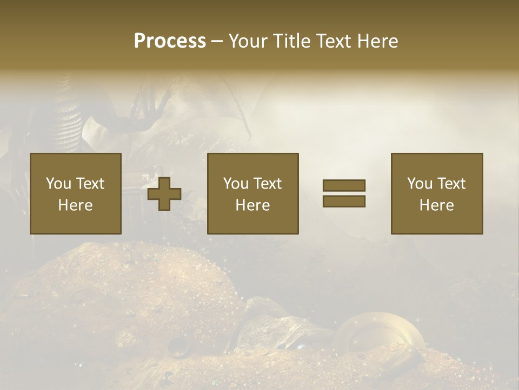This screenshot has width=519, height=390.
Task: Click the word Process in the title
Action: tap(170, 41)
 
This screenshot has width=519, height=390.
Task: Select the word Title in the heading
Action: tap(291, 41)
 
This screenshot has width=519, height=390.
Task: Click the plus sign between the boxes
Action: tap(164, 194)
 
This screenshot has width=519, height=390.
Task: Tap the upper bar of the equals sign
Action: tap(344, 185)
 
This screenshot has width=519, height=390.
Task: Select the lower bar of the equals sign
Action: tap(344, 201)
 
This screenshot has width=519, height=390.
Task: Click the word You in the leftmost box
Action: tap(58, 184)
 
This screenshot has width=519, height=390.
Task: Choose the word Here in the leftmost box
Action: tap(75, 205)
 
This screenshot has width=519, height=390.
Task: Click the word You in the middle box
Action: tap(236, 184)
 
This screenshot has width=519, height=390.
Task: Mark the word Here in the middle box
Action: tap(252, 205)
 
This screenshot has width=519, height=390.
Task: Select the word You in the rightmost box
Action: tap(420, 184)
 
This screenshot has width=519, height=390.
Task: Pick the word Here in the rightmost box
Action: tap(436, 205)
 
